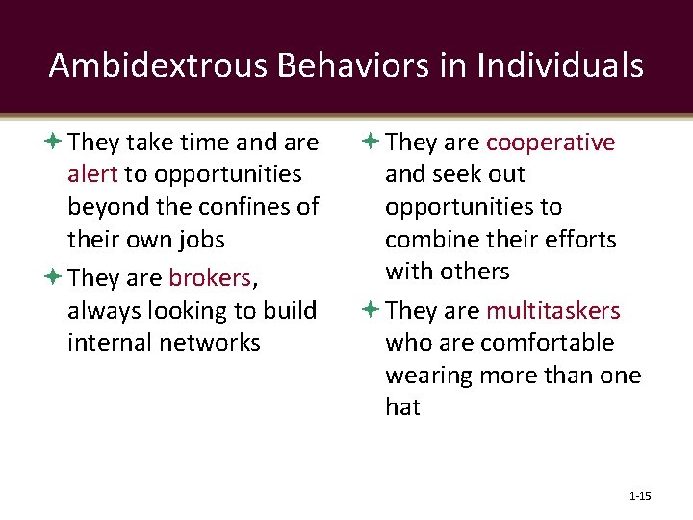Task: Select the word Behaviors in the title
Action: click(x=321, y=65)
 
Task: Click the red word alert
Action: click(x=92, y=174)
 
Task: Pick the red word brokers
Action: click(x=209, y=278)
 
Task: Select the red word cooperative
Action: click(x=551, y=143)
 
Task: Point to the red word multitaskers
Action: click(x=553, y=310)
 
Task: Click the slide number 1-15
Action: click(x=639, y=496)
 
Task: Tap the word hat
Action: click(x=402, y=407)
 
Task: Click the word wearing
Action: click(x=429, y=376)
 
